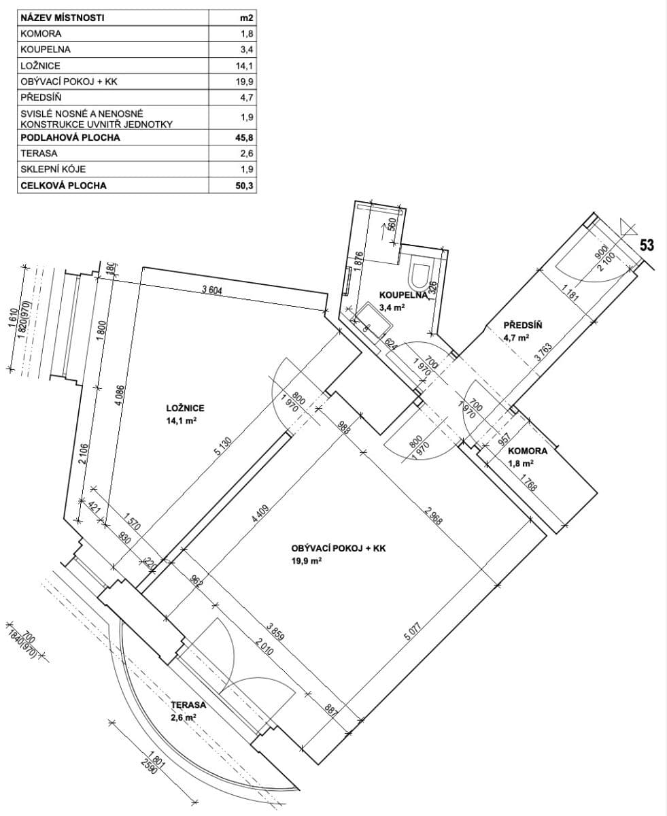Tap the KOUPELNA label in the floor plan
(x=403, y=294)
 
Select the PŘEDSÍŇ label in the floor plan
(x=522, y=325)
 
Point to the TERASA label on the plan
(x=188, y=705)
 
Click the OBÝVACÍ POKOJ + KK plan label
(x=338, y=548)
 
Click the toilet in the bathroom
(x=417, y=275)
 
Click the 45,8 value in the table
(x=243, y=138)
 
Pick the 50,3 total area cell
(x=243, y=186)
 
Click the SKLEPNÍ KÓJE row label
(x=53, y=169)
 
